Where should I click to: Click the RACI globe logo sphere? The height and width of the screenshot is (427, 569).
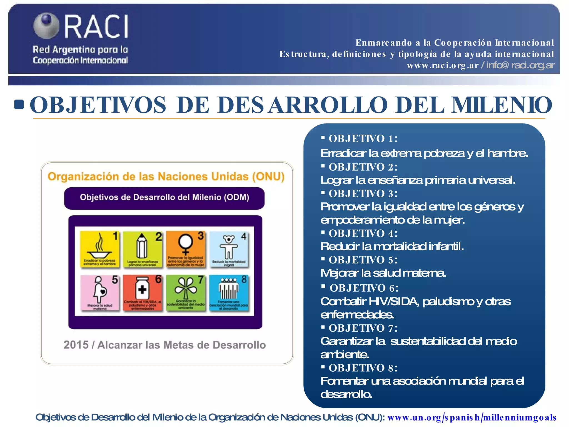[46, 25]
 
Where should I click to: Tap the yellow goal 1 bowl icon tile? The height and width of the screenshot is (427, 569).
[100, 249]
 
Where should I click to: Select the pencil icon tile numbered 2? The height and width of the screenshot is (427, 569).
[143, 249]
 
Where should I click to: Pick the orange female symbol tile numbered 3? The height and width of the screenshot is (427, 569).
[186, 249]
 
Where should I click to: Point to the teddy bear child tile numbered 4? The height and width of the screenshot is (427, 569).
[229, 249]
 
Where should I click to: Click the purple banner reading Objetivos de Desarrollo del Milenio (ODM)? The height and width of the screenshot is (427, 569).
[164, 198]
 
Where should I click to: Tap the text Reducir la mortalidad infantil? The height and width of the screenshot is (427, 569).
[392, 247]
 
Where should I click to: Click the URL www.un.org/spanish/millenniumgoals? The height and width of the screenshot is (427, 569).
[471, 418]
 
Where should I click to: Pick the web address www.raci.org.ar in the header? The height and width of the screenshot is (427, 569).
[443, 66]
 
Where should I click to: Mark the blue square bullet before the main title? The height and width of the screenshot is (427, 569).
[19, 105]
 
